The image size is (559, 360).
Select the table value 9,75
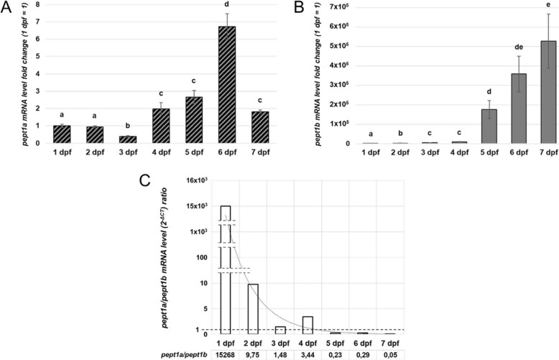(x=253, y=353)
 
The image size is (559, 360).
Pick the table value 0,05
(x=389, y=353)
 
